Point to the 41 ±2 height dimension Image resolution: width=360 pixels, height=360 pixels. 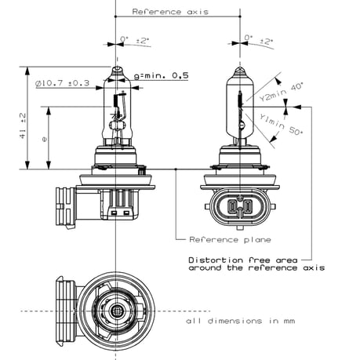24,125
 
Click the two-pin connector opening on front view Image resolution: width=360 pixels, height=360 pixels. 239,209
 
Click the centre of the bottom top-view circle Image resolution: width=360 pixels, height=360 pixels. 116,311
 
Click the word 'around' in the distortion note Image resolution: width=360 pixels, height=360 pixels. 206,268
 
